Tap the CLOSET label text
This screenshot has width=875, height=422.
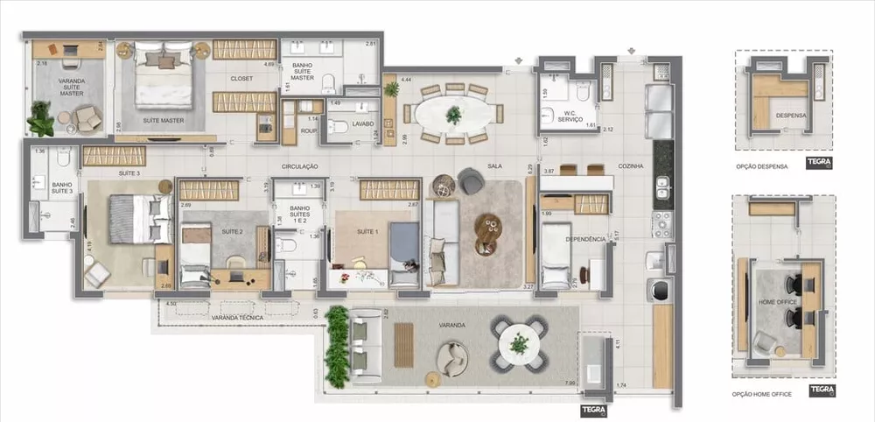pyautogui.click(x=242, y=78)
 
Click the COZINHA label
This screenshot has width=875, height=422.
pyautogui.click(x=630, y=165)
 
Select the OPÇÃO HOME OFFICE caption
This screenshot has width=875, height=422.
pyautogui.click(x=762, y=394)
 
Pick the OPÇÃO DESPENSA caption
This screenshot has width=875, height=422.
pyautogui.click(x=762, y=165)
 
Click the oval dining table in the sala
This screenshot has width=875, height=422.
pyautogui.click(x=452, y=114)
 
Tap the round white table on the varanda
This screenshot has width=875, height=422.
pyautogui.click(x=520, y=343)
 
